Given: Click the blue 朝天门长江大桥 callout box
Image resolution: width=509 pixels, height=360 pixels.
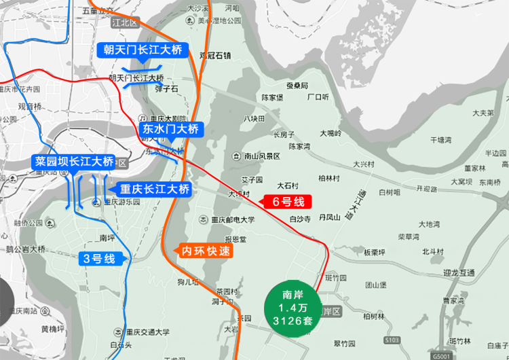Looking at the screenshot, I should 142,50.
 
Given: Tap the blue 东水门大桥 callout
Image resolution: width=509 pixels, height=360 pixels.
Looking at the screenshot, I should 170,128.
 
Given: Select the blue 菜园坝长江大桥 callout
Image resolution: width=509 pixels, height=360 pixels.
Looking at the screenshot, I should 74,162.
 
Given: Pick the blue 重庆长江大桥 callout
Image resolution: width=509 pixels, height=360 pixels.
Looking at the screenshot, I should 155,189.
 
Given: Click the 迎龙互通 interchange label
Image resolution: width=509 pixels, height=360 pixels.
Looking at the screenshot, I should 459,272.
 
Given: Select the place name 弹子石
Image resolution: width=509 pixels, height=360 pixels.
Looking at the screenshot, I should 166,88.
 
